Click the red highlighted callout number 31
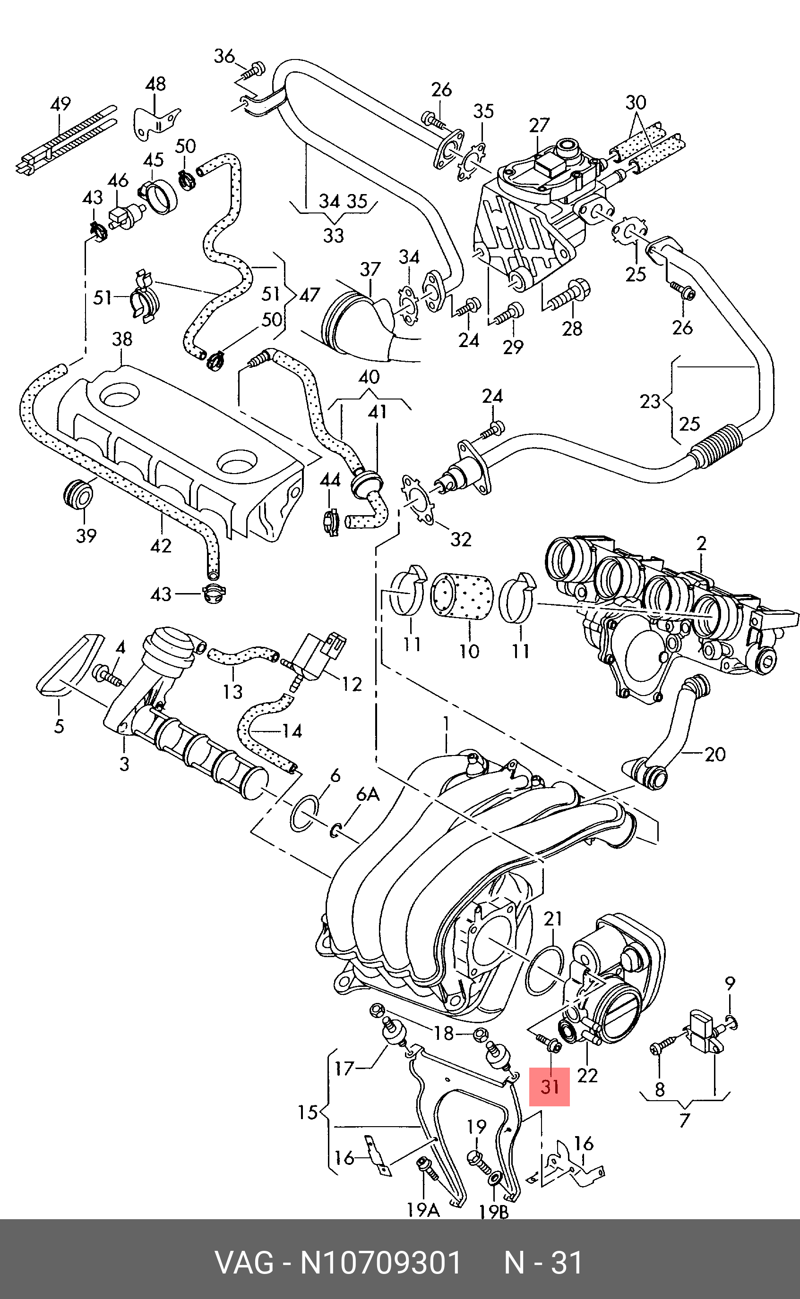tap(550, 1086)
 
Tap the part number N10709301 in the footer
tap(381, 1263)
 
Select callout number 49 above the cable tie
tap(60, 103)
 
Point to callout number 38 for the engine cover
tap(122, 339)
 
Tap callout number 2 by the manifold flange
tap(701, 543)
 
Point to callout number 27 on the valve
tap(539, 125)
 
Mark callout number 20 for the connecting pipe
tap(715, 754)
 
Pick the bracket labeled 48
tap(155, 125)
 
